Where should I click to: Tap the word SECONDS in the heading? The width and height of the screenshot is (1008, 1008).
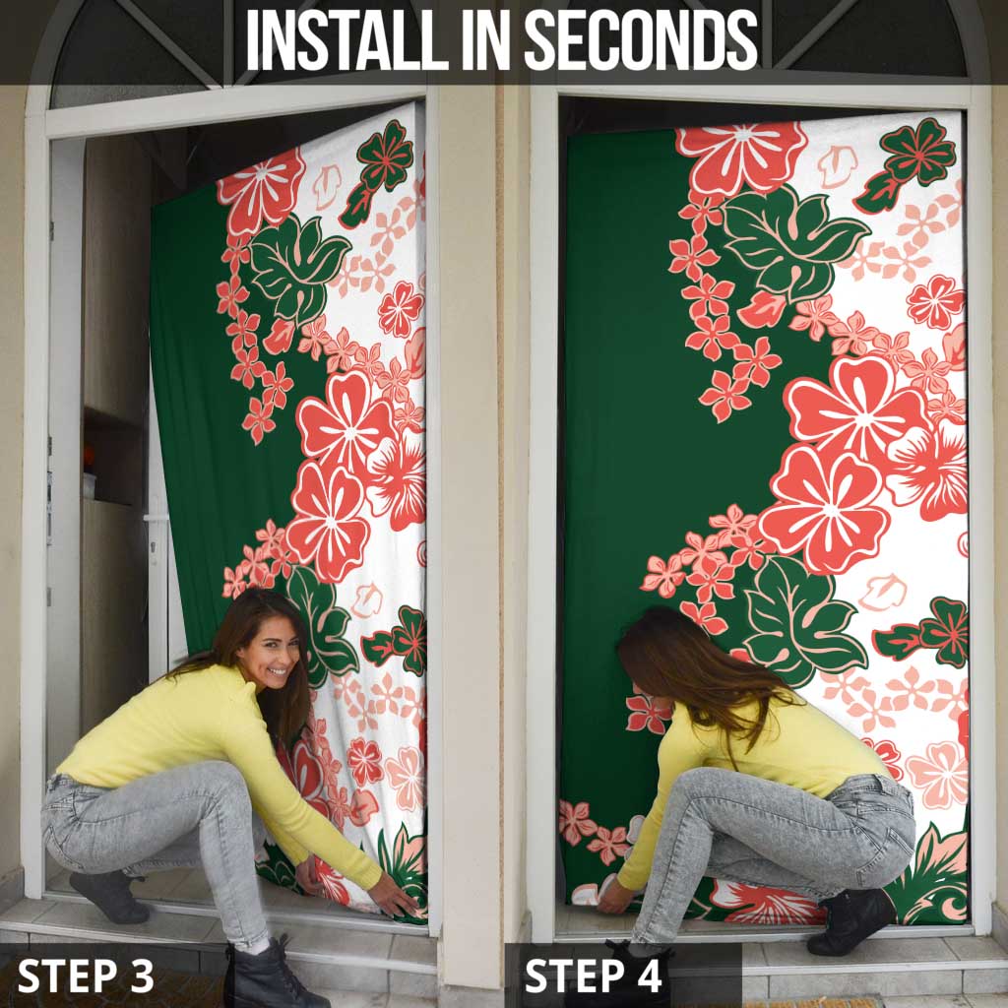coord(641,39)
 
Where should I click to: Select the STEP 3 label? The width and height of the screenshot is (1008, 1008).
coord(86,976)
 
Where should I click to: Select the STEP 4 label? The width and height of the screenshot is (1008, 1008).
coord(593,976)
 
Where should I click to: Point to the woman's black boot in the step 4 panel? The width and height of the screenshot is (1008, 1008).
coord(851,919)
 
